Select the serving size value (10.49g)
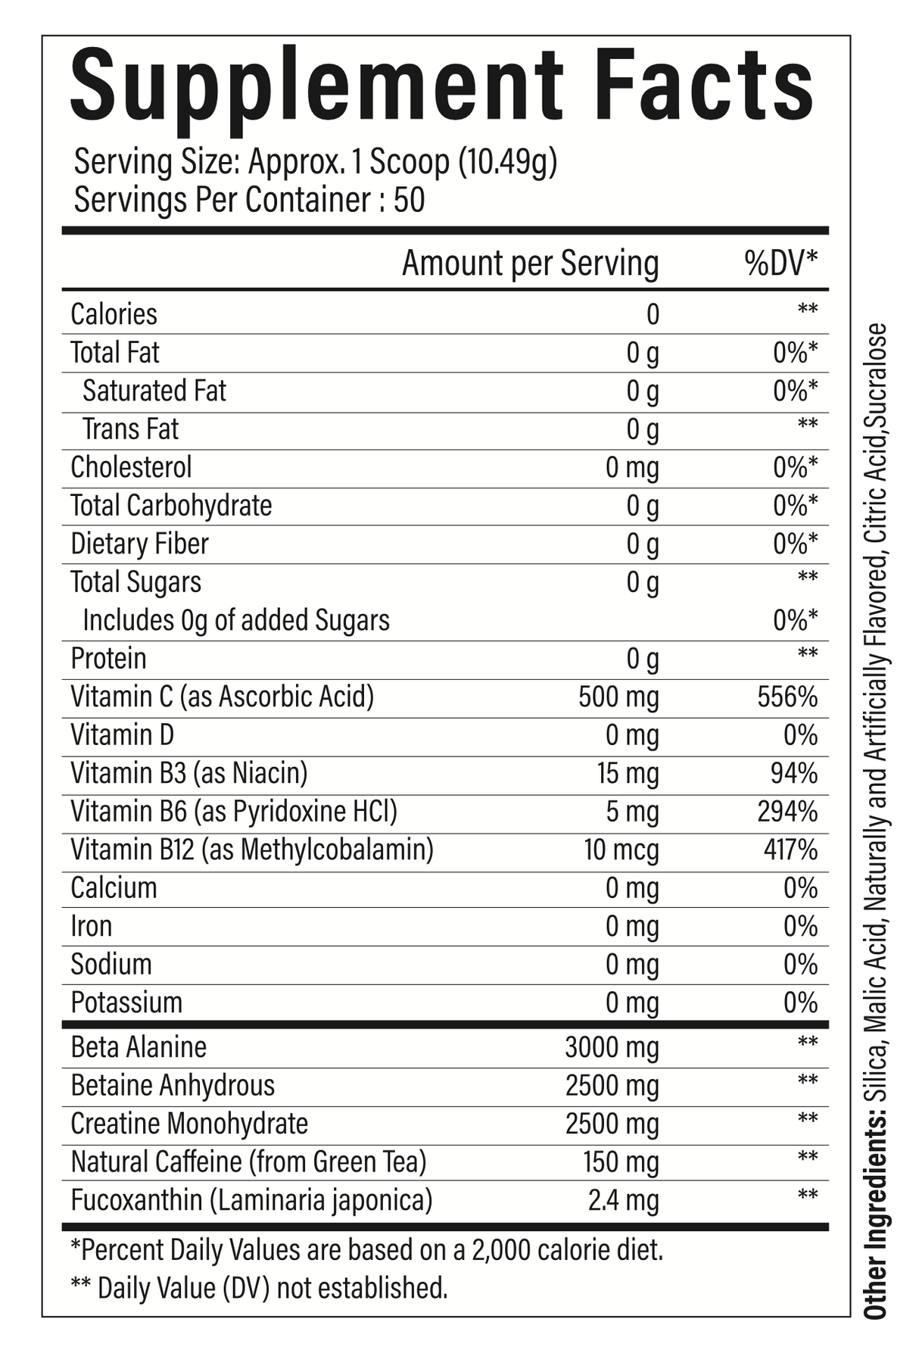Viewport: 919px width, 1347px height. point(508,163)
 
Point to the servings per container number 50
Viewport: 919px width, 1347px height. point(409,201)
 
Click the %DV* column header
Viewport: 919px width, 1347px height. point(780,263)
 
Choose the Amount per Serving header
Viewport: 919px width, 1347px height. point(530,263)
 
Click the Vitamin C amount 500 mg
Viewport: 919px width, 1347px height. point(618,697)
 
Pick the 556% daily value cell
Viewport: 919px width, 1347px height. point(787,697)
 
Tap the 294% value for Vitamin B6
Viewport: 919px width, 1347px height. point(787,812)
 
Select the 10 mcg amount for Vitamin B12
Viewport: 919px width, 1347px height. point(621,850)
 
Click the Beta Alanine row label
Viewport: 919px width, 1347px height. point(139,1047)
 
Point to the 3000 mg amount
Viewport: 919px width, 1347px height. point(612,1048)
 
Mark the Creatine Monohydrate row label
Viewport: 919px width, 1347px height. point(189,1124)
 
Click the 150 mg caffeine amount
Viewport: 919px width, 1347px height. point(621,1162)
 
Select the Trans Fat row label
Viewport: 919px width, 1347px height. point(130,429)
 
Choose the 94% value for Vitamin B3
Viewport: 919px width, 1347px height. point(794,773)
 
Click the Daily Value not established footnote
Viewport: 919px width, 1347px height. point(258,1287)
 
